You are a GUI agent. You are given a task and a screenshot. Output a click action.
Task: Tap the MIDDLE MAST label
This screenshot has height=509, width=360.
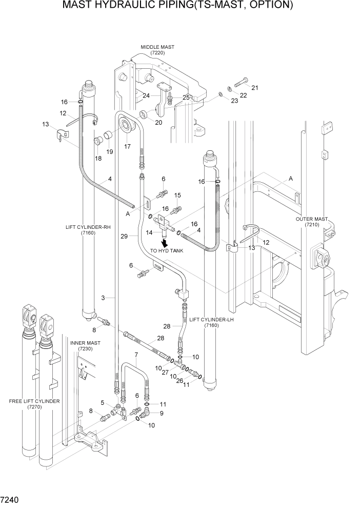(157, 50)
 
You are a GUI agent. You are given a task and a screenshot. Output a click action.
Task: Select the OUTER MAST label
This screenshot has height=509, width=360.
(311, 222)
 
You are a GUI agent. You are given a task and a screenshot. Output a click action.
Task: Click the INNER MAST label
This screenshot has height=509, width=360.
(85, 345)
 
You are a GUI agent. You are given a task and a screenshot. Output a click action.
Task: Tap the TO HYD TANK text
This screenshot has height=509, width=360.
(167, 251)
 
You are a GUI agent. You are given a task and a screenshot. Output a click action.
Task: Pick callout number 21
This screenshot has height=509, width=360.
(254, 88)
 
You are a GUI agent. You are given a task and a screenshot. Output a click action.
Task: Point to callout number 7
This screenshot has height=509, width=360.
(136, 355)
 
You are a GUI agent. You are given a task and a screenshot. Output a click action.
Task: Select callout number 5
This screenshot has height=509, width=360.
(103, 403)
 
